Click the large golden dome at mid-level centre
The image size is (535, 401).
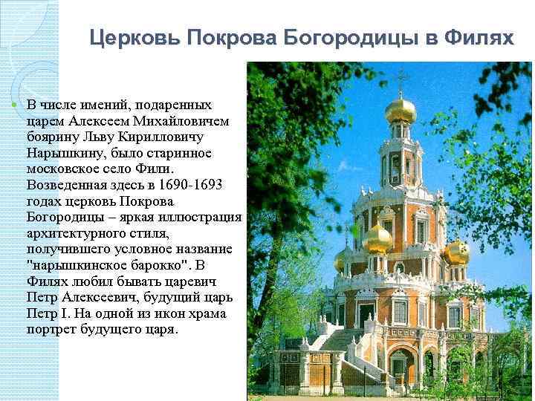click(377, 240)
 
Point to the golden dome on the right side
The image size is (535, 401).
click(455, 252)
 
